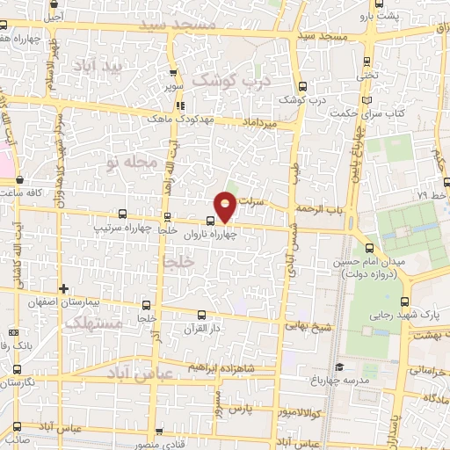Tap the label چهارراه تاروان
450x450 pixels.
tap(230, 234)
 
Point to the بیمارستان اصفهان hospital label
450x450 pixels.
tap(102, 301)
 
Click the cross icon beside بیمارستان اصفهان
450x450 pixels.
tap(63, 287)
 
